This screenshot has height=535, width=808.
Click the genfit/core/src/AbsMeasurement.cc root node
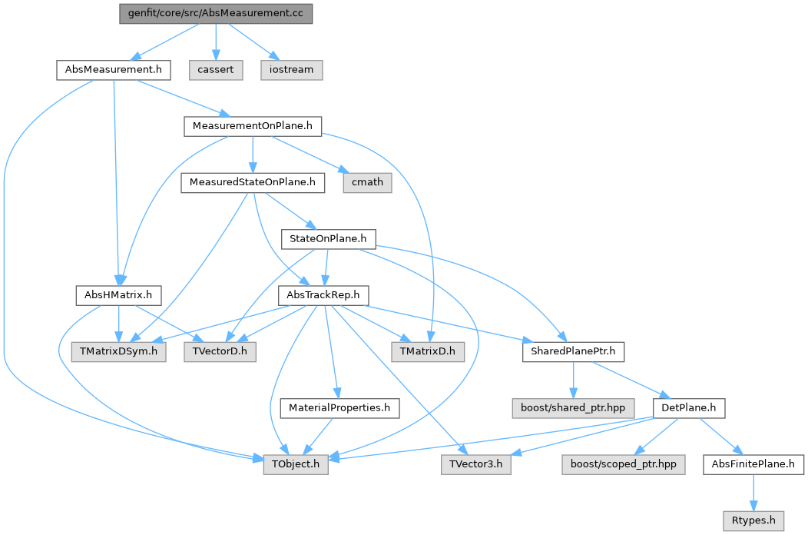click(216, 15)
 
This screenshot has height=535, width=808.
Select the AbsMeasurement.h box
click(113, 69)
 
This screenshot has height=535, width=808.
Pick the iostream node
click(291, 69)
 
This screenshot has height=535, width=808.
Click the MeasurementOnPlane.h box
click(252, 126)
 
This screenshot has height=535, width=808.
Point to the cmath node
click(367, 183)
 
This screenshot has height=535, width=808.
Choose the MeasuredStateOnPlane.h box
click(253, 183)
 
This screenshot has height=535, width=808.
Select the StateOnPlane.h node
click(329, 239)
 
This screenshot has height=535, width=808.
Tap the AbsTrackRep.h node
click(324, 295)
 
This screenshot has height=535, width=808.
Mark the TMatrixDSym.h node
click(118, 351)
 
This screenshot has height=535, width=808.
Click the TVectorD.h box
click(220, 351)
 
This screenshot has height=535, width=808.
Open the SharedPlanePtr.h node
click(573, 351)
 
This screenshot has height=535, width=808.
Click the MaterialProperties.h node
click(339, 407)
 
